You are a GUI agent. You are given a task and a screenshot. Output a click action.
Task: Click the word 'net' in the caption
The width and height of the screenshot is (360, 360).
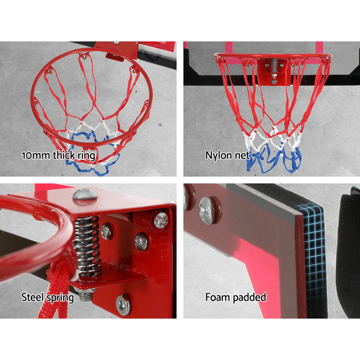(x=243, y=156)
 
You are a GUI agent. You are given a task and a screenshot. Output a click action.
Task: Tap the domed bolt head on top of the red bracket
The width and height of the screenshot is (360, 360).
(x=85, y=194)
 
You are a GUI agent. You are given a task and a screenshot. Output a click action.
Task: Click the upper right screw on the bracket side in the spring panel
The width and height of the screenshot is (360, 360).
(x=161, y=220)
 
